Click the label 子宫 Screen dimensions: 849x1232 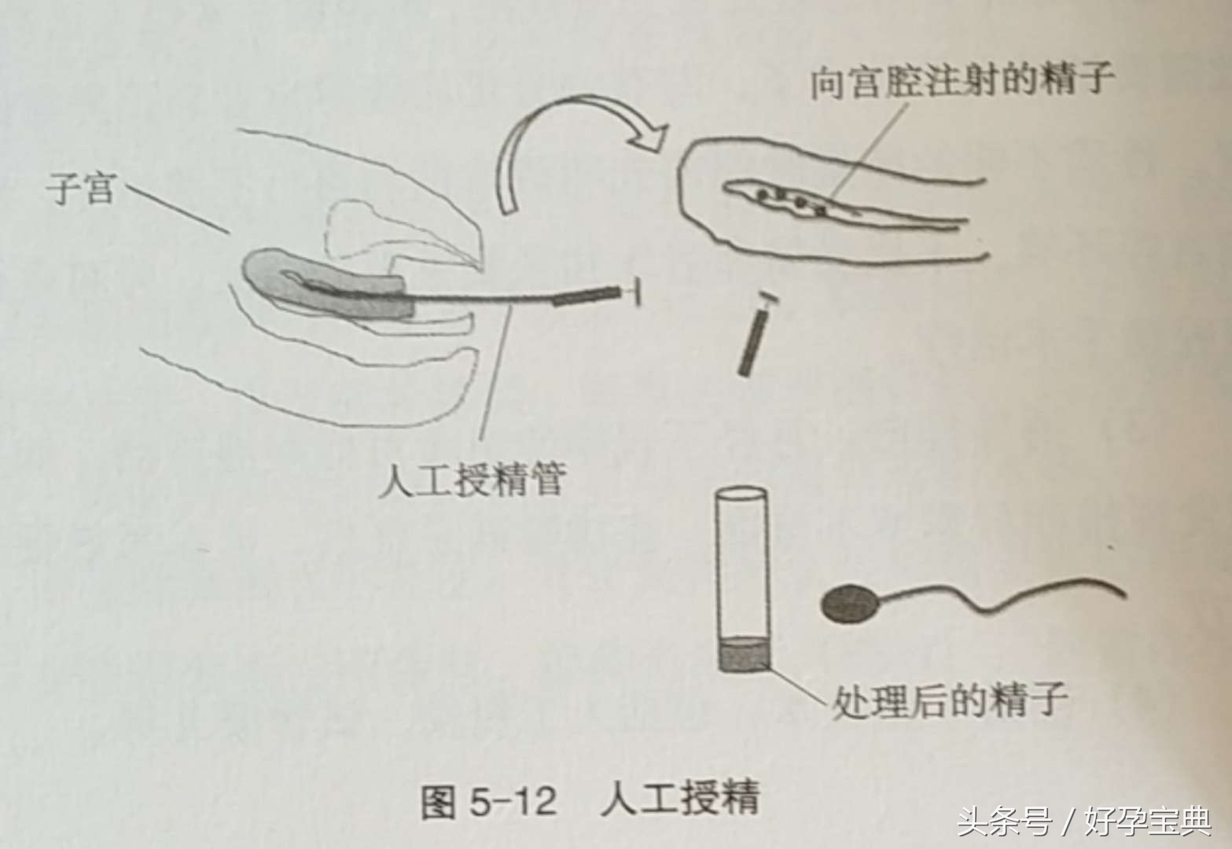coord(81,189)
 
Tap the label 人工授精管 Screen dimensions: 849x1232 coord(471,480)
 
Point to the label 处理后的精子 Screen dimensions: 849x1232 coord(949,699)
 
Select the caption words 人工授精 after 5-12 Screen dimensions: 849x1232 coord(680,800)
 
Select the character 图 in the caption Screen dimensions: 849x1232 coord(439,802)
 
